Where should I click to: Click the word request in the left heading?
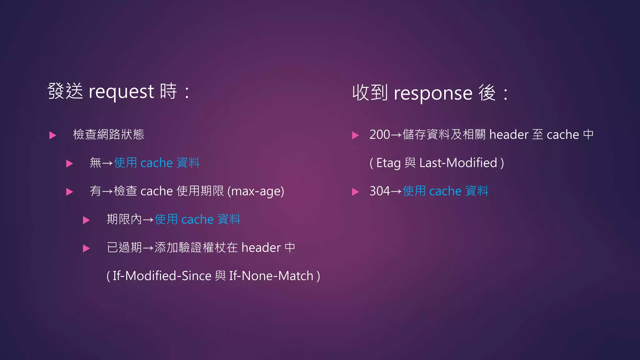click(122, 92)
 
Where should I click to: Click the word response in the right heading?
click(433, 93)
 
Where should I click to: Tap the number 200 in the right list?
click(380, 135)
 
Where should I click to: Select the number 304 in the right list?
click(380, 191)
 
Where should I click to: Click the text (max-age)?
click(256, 191)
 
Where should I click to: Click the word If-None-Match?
click(271, 276)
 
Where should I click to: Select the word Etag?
click(388, 163)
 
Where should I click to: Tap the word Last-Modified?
click(458, 163)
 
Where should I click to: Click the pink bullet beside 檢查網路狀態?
click(53, 135)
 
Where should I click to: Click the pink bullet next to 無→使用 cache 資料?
click(69, 163)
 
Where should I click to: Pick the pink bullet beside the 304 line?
click(355, 192)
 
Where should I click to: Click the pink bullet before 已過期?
click(86, 248)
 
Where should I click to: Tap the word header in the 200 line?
click(509, 135)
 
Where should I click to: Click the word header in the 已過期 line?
click(261, 248)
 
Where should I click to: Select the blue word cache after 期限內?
click(197, 220)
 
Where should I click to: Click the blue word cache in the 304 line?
click(445, 191)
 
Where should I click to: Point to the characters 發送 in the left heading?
click(65, 91)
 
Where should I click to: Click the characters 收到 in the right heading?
click(370, 93)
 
